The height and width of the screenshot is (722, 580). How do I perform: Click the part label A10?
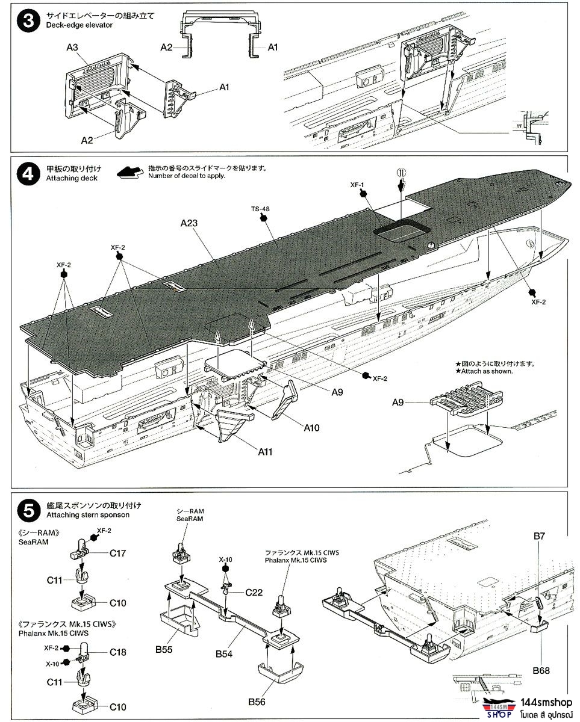[312, 428]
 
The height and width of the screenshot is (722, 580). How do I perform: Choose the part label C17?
[117, 553]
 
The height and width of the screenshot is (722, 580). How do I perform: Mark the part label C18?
[117, 652]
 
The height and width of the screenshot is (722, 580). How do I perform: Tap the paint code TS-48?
[261, 209]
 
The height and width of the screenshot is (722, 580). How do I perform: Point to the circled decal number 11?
[402, 171]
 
